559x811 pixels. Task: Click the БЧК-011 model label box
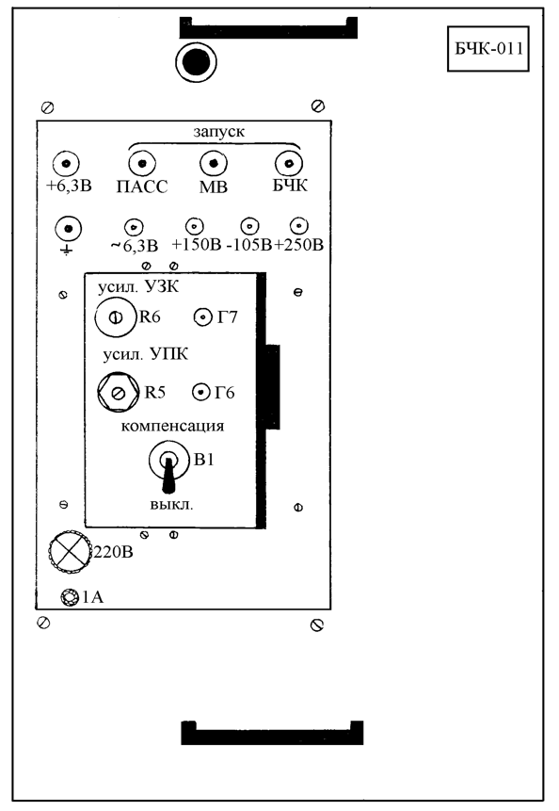pyautogui.click(x=487, y=49)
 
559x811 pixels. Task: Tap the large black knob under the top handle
pyautogui.click(x=196, y=62)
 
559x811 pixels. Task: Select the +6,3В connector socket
pyautogui.click(x=66, y=165)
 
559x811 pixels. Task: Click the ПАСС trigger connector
pyautogui.click(x=142, y=164)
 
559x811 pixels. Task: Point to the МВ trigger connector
pyautogui.click(x=214, y=164)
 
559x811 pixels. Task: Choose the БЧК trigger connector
pyautogui.click(x=289, y=164)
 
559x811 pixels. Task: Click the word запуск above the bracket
pyautogui.click(x=219, y=131)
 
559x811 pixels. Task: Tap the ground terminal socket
pyautogui.click(x=68, y=229)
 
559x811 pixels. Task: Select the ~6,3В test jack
pyautogui.click(x=134, y=227)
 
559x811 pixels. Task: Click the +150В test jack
pyautogui.click(x=195, y=227)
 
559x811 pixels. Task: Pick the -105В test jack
pyautogui.click(x=250, y=226)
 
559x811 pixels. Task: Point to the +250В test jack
pyautogui.click(x=299, y=226)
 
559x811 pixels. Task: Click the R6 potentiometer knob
pyautogui.click(x=116, y=317)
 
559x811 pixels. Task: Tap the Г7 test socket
pyautogui.click(x=203, y=317)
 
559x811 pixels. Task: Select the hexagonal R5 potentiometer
pyautogui.click(x=119, y=393)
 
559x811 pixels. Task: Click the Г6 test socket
pyautogui.click(x=201, y=393)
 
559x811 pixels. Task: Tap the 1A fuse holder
pyautogui.click(x=69, y=597)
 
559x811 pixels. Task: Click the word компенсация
pyautogui.click(x=172, y=426)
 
